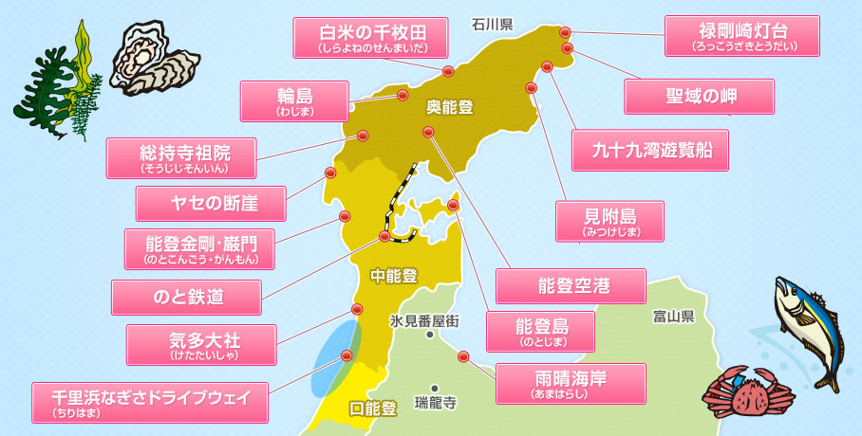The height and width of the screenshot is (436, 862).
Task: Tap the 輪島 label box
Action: (296, 100)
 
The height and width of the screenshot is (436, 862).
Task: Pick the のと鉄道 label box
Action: (186, 297)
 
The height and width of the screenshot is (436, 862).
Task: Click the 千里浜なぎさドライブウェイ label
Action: (150, 402)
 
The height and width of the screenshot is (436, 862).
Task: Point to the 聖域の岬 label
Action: (700, 96)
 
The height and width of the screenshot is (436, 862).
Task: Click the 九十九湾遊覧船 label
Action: (650, 150)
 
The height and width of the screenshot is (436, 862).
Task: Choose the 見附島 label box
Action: (609, 220)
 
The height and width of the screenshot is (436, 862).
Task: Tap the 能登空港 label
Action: (572, 285)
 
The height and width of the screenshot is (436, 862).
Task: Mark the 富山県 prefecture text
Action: (674, 315)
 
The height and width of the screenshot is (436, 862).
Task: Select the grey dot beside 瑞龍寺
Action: (433, 388)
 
